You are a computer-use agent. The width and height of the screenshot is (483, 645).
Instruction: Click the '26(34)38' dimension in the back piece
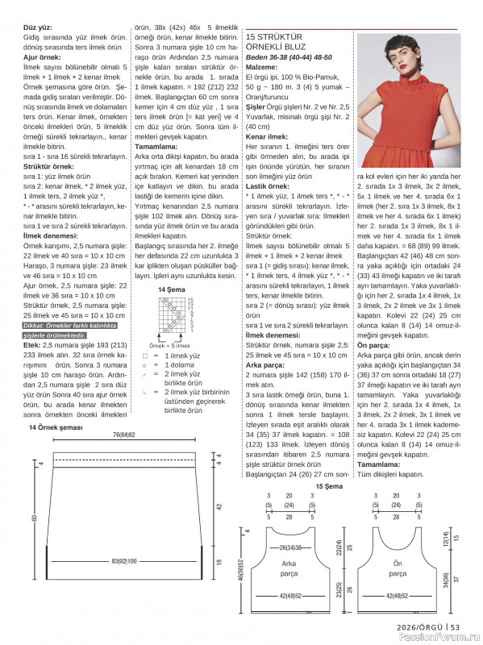(291, 547)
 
